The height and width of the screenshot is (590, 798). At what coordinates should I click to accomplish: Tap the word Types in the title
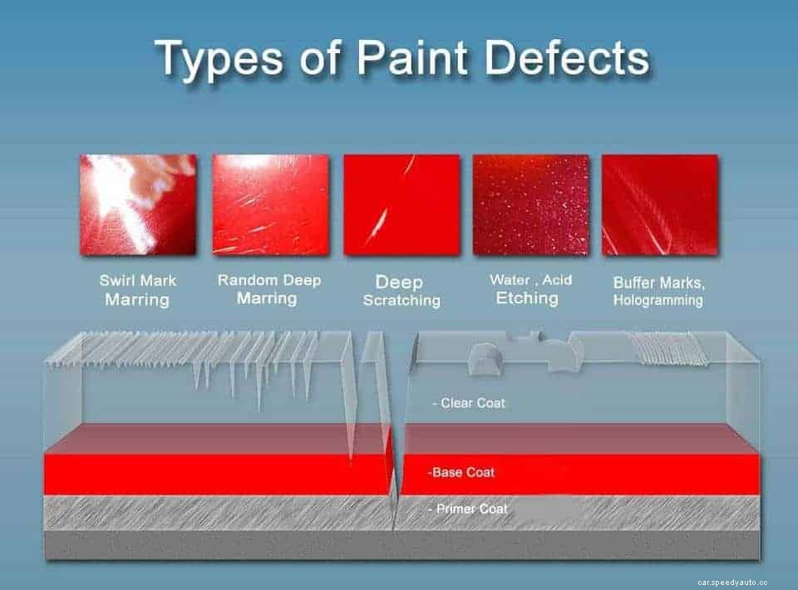[x=219, y=61]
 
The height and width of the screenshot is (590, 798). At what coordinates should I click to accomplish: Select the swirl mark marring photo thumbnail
[x=138, y=204]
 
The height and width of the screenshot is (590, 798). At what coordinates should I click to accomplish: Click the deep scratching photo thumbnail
[x=401, y=204]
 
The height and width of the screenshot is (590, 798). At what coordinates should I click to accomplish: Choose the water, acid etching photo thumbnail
[x=530, y=204]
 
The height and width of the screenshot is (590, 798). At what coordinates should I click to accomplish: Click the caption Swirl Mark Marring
[x=137, y=290]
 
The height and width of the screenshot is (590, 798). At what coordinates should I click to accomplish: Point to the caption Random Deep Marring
[x=268, y=288]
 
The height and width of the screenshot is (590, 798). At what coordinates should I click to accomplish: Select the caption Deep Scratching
[x=401, y=291]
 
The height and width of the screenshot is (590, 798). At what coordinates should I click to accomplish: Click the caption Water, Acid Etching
[x=530, y=289]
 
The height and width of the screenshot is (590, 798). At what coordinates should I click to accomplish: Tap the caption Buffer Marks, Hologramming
[x=658, y=291]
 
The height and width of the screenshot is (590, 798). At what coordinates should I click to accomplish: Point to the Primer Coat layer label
[x=470, y=509]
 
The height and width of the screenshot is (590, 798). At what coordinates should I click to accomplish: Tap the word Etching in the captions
[x=527, y=298]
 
